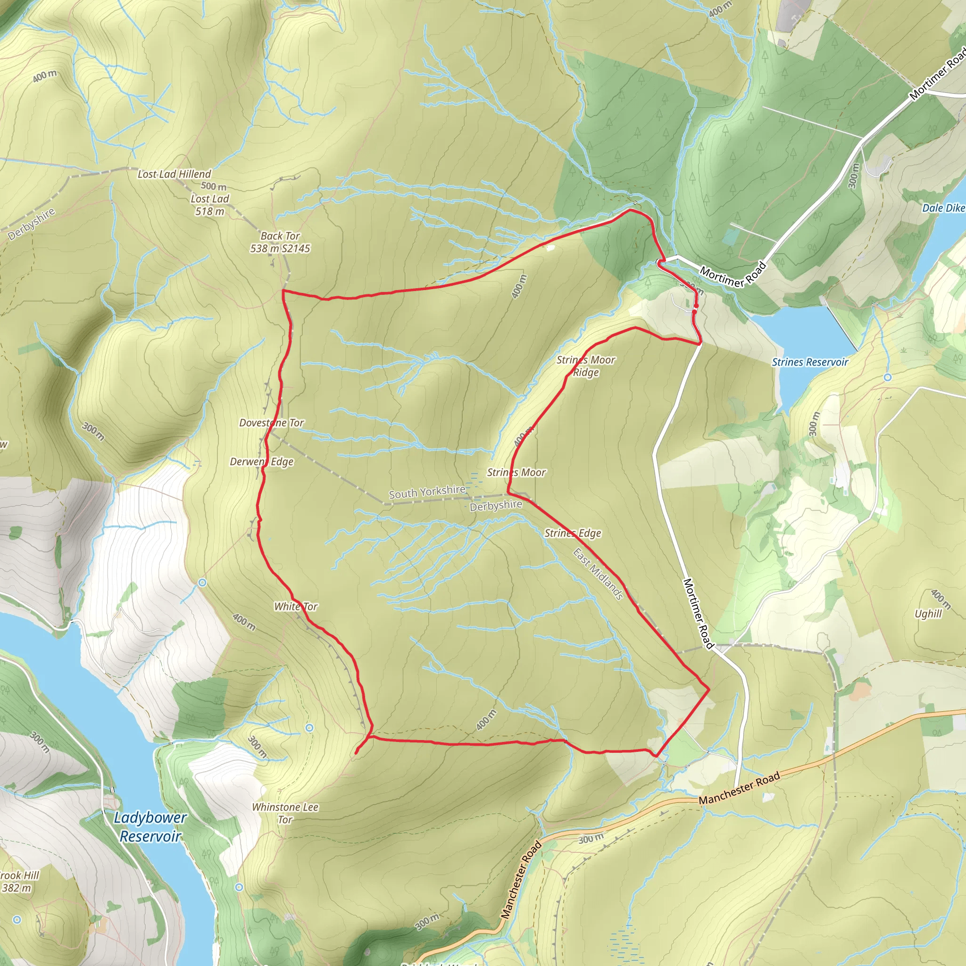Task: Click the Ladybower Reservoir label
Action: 150,827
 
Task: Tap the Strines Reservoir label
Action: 809,362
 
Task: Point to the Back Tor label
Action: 280,235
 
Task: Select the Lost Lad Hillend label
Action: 175,174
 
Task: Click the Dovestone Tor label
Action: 272,423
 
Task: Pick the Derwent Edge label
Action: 261,461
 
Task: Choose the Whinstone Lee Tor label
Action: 285,813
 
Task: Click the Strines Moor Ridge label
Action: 586,366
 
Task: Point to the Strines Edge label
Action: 573,533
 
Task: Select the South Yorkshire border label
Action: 427,492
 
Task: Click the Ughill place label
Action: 927,614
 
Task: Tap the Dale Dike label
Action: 943,208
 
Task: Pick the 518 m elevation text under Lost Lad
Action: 210,211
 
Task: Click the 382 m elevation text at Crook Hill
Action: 16,888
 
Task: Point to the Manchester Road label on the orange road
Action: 739,789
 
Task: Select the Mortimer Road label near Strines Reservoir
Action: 733,275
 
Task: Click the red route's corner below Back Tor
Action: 283,291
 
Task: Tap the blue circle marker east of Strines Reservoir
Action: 888,377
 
